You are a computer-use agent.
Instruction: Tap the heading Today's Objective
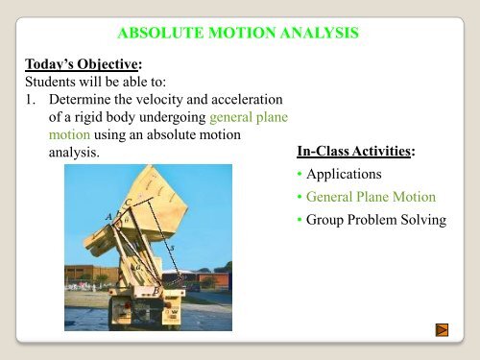(x=75, y=63)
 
